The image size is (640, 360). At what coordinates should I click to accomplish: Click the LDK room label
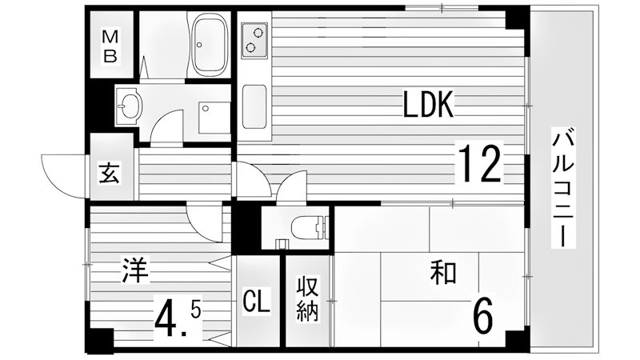(x=428, y=105)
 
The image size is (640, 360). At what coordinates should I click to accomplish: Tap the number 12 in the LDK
(x=479, y=163)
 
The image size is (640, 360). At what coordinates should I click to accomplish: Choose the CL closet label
(x=257, y=302)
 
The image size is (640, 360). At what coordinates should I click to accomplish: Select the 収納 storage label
(x=307, y=298)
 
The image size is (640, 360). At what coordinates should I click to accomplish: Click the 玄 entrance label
(x=110, y=172)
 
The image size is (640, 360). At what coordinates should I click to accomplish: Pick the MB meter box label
(x=110, y=46)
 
